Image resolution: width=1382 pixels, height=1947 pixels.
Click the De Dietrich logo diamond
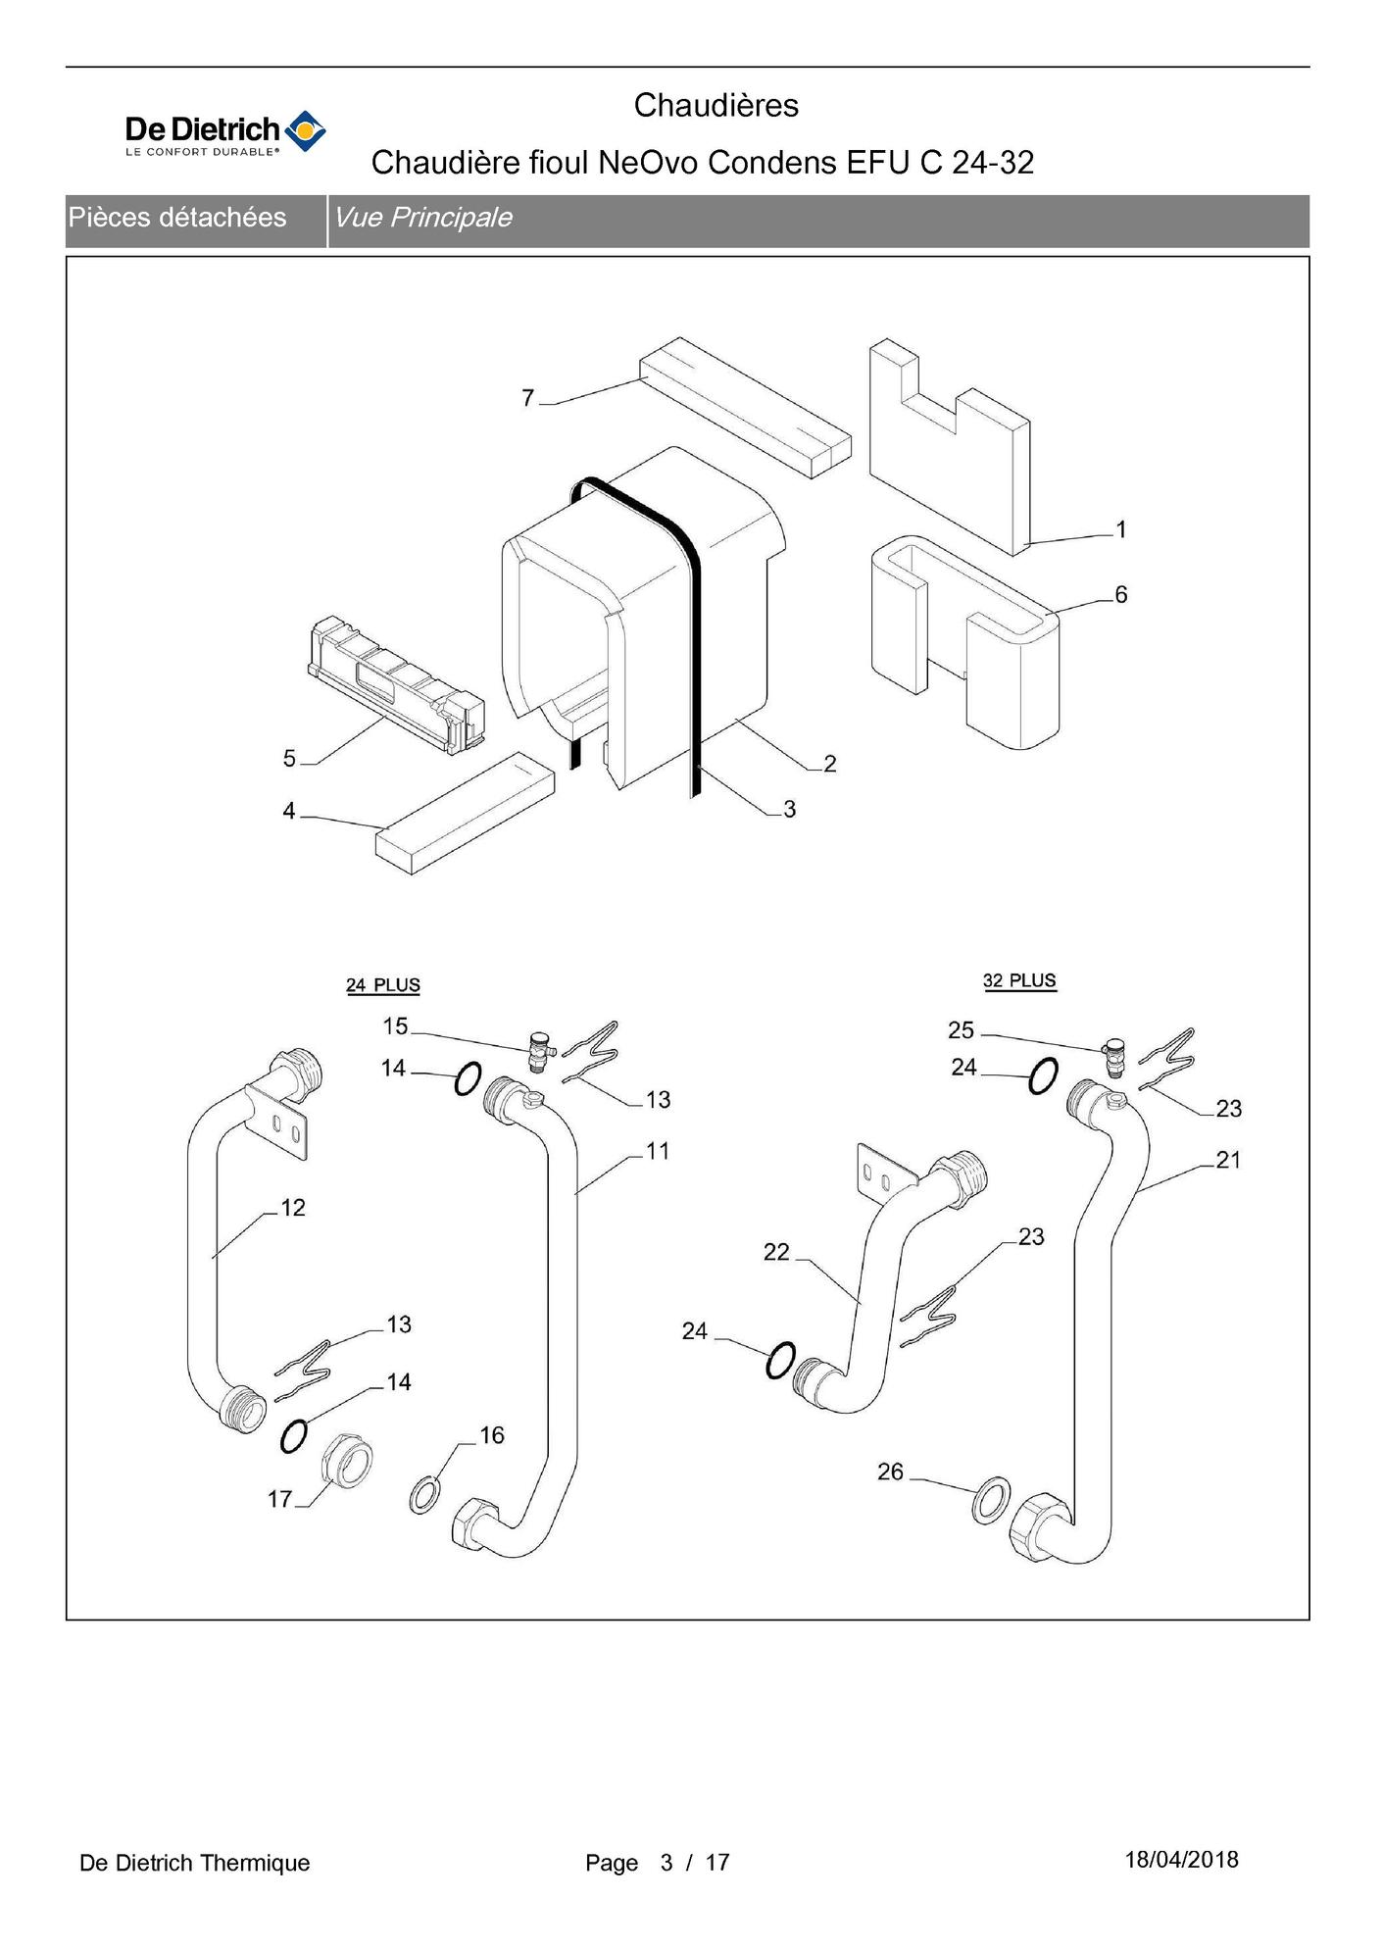[305, 131]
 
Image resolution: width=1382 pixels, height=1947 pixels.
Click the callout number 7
[528, 398]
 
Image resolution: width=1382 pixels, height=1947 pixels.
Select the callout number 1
[1121, 530]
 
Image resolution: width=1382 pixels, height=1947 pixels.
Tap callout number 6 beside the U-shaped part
[1121, 595]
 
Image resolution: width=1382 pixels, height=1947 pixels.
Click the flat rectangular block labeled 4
[465, 814]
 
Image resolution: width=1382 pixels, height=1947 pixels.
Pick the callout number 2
[830, 764]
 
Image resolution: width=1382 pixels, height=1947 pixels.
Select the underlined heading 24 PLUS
[383, 985]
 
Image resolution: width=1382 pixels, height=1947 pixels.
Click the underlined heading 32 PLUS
[1019, 981]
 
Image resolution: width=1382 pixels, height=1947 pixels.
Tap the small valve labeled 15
[538, 1051]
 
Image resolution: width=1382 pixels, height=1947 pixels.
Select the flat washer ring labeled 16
[424, 1496]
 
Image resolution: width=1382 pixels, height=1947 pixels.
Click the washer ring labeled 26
[991, 1499]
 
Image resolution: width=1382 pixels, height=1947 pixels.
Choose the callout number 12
[293, 1208]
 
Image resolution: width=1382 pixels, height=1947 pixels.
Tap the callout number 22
[776, 1252]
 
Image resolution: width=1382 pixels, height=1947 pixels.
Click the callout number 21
[1228, 1161]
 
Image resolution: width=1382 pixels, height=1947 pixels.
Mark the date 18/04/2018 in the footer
[1181, 1860]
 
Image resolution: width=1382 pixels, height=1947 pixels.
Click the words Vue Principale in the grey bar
[423, 218]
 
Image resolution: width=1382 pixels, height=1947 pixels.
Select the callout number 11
[658, 1151]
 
